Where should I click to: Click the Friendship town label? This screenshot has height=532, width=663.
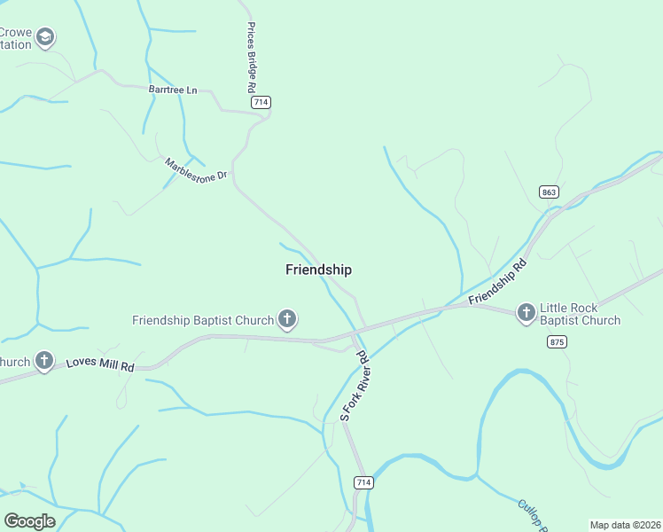[318, 270]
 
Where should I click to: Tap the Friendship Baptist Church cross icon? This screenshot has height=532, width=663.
[287, 318]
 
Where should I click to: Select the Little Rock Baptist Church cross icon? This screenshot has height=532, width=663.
[526, 311]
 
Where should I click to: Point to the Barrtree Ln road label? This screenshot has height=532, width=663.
[173, 90]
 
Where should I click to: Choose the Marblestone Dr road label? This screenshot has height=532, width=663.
[196, 168]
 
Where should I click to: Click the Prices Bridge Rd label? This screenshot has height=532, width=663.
[251, 59]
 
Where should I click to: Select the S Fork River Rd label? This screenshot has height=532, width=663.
[353, 385]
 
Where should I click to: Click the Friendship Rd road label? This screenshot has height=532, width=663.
[498, 282]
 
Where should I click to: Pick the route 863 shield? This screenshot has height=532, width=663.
[549, 192]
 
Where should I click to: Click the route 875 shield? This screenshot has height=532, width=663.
[557, 341]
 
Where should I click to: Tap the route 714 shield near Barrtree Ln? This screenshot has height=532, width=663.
[261, 103]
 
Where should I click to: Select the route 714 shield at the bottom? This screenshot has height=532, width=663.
[363, 482]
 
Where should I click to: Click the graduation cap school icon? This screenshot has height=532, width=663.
[45, 37]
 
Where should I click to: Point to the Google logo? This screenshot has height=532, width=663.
[29, 520]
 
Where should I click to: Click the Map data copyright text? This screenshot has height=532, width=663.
[625, 524]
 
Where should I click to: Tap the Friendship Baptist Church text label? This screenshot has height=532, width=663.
[203, 319]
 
